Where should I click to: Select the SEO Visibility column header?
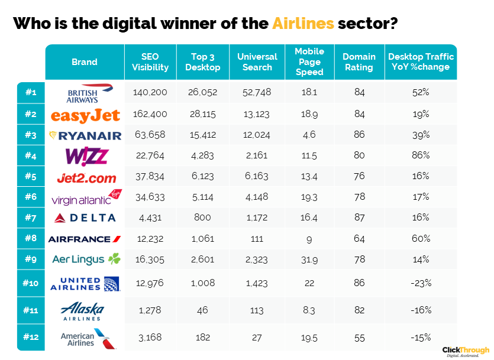coord(150,62)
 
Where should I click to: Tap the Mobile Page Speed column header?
coord(309,62)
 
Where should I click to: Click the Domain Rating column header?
coord(359,62)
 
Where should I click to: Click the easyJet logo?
coord(85,115)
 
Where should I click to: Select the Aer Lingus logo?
coord(86,260)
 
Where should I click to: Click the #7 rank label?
coord(31,218)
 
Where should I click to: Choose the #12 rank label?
coord(31,338)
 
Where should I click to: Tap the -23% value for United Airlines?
coord(421,283)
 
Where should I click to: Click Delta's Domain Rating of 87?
coord(359,218)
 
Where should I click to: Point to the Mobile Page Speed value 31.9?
coord(309,260)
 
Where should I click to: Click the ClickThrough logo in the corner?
coord(466,351)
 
